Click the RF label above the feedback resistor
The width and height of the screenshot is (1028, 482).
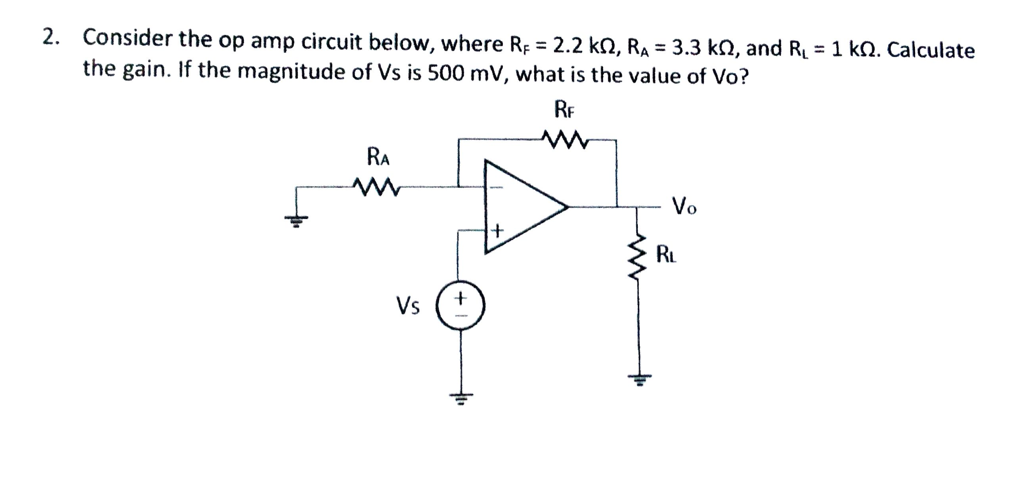564,110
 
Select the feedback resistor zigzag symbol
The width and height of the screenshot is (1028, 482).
565,141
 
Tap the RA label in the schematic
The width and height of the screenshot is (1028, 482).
378,157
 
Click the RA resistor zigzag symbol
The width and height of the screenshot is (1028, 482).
376,187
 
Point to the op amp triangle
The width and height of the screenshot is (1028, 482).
522,207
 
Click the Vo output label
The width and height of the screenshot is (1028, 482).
684,206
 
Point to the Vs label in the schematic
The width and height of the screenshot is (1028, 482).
407,306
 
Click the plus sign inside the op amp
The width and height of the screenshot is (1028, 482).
497,231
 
